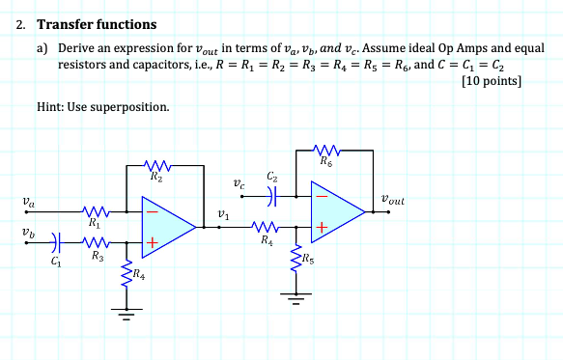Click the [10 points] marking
492,82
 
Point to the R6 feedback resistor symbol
328,150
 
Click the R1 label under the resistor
94,222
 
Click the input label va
26,204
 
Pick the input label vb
26,233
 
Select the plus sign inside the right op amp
323,229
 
